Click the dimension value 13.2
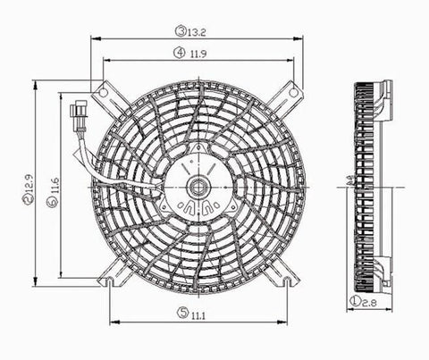tap(198, 30)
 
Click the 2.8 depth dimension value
tap(370, 305)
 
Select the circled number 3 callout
tap(180, 30)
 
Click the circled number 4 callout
tap(180, 54)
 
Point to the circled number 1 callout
tap(356, 305)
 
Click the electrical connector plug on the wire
tap(76, 116)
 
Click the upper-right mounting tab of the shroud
tap(290, 92)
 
